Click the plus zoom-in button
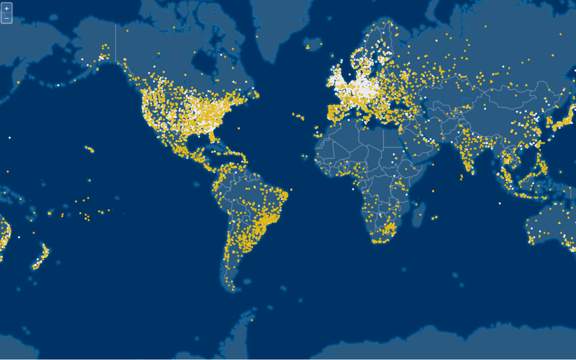6,8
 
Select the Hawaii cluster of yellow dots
89,149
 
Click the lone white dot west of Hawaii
9,138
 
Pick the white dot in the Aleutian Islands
58,85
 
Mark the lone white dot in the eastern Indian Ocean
500,203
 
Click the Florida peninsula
214,137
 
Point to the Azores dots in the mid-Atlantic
298,116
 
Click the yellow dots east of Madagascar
434,217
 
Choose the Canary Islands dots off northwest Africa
316,134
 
